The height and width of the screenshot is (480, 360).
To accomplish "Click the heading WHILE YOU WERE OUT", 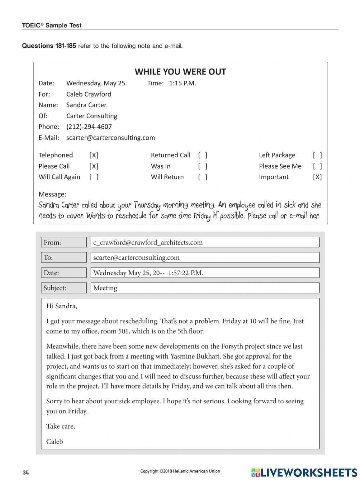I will [x=180, y=72].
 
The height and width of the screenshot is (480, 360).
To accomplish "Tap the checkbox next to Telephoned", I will [x=94, y=155].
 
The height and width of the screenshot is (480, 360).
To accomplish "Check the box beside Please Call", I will [x=94, y=166].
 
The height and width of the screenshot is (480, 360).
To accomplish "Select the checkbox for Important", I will [x=317, y=177].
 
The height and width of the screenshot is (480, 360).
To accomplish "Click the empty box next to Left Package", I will [x=317, y=155].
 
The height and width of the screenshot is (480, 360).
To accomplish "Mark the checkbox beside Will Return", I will [x=203, y=177].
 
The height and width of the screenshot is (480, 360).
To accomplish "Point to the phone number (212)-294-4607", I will [x=89, y=127].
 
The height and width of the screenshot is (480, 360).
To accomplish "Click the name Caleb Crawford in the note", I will [x=89, y=94].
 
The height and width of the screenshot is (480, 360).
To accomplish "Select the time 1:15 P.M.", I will [x=182, y=83].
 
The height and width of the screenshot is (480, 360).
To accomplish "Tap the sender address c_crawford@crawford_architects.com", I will [x=148, y=242].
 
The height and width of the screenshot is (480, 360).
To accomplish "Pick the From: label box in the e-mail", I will [x=64, y=242].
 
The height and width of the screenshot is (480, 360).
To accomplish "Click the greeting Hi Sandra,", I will [x=62, y=306].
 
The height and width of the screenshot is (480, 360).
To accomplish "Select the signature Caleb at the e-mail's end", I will [x=54, y=441].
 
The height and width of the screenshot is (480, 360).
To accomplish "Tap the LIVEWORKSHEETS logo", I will [x=304, y=472].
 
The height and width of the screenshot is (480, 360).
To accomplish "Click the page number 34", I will [x=26, y=472].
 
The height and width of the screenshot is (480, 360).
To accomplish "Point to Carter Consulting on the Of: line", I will [x=91, y=116].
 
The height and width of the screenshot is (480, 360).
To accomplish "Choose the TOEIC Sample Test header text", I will [x=51, y=26].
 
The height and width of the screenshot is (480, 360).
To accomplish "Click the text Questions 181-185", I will [x=49, y=46].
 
